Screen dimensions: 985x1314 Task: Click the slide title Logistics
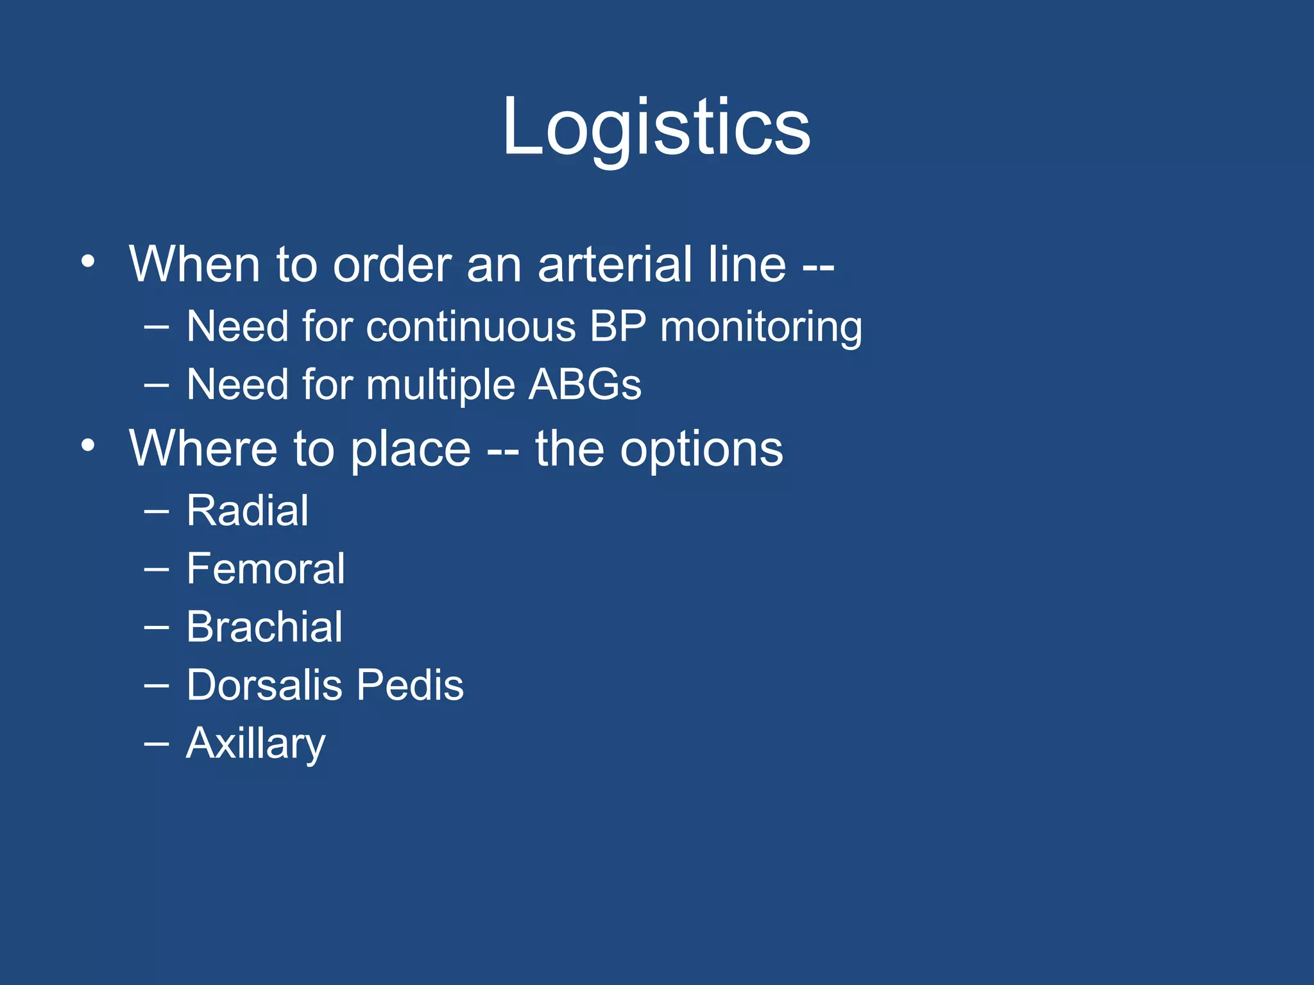tap(656, 126)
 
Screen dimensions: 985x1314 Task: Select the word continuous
tap(470, 327)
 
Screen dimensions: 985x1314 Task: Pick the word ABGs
tap(584, 385)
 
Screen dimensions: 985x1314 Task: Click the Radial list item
tap(247, 511)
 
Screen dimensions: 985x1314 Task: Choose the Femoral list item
tap(265, 569)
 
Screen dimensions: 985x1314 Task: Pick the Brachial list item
tap(264, 627)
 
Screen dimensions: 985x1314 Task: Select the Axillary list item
tap(255, 744)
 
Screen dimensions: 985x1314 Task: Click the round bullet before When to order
tap(89, 262)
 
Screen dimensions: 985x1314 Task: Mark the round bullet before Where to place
tap(89, 445)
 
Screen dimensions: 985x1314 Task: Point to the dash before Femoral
tap(157, 569)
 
